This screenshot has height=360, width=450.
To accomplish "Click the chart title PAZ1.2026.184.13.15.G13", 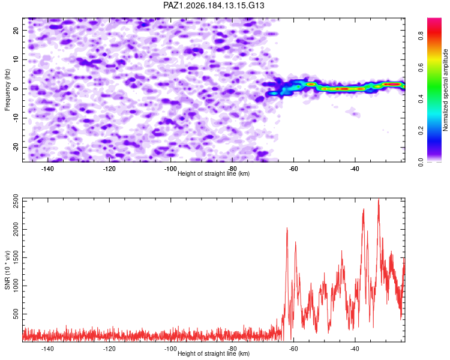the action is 214,5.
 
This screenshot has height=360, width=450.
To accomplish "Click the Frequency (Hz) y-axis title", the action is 7,90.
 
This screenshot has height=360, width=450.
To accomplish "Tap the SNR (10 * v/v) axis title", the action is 7,270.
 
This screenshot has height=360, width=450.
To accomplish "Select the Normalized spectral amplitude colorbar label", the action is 445,90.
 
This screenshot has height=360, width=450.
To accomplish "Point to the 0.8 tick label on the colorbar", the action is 421,36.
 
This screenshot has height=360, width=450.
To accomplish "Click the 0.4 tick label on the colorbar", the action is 421,98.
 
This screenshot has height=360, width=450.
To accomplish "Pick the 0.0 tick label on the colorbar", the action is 421,162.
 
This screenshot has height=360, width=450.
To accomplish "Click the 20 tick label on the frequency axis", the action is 16,30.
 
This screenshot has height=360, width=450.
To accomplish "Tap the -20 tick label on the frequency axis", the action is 16,147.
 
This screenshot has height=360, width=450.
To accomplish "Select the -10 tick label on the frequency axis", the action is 16,118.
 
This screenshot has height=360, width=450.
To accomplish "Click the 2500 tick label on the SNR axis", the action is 16,201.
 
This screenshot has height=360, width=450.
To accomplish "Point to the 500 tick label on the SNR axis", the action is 16,314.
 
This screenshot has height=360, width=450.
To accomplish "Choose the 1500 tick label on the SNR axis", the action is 16,257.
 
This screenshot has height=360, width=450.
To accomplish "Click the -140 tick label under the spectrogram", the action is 47,169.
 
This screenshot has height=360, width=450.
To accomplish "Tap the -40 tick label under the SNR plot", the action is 355,349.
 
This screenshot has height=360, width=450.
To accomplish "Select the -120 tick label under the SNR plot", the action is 109,349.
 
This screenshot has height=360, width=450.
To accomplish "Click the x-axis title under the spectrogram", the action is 214,173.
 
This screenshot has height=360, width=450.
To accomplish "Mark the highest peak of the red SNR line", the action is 379,199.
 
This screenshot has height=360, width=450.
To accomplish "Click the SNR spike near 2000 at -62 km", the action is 287,228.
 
